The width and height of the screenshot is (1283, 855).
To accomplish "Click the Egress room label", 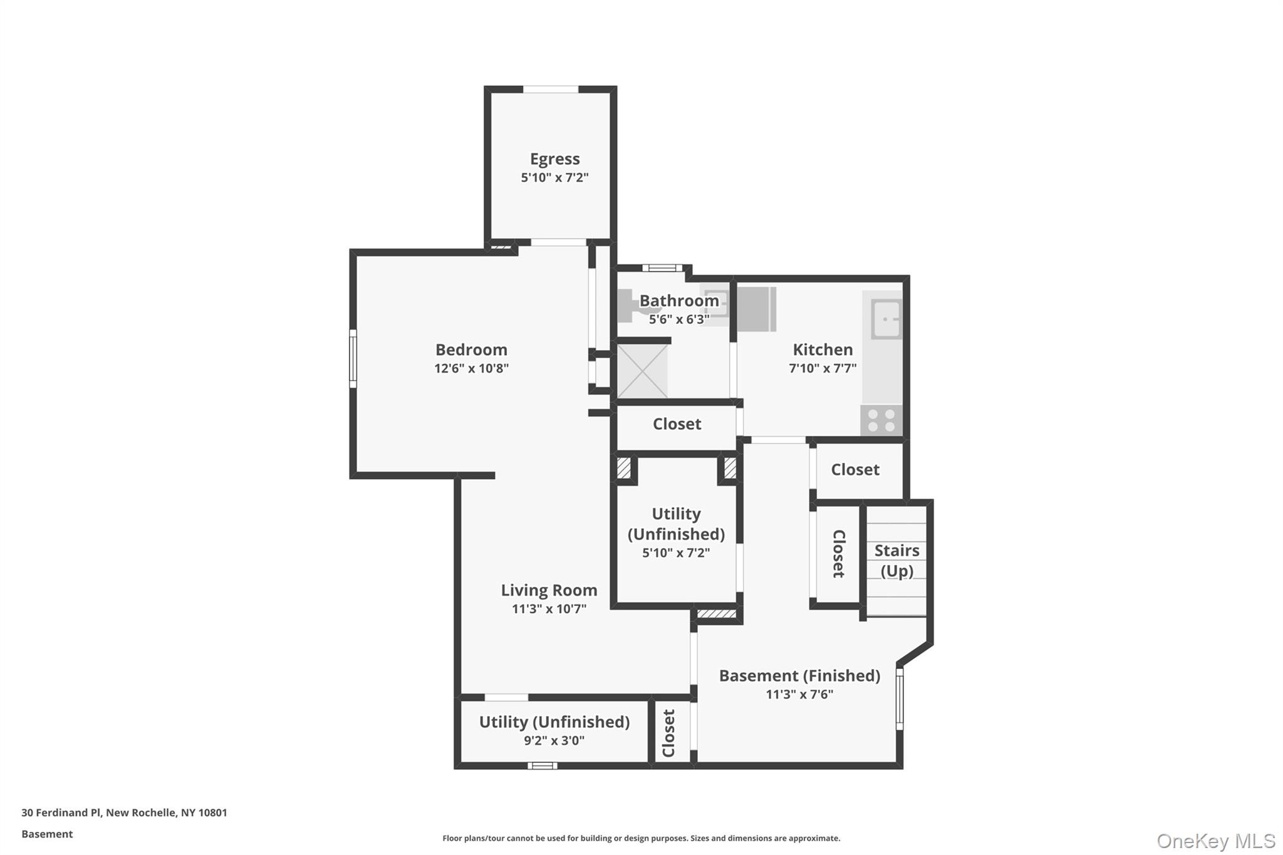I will (554, 159).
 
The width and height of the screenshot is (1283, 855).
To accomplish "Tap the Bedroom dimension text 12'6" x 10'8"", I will (471, 368).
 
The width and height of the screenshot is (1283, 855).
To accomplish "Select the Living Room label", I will (549, 590).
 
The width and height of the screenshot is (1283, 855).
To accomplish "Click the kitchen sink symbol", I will (886, 318).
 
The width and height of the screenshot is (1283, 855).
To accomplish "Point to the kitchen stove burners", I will (881, 420).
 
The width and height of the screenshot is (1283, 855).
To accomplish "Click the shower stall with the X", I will (642, 371).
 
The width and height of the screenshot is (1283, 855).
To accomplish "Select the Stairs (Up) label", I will (896, 560).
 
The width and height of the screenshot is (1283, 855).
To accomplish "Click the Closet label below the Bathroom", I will (677, 424).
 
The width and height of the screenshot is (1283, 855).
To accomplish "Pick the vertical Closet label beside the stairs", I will (838, 553).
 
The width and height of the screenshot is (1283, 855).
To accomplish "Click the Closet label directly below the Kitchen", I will (854, 470).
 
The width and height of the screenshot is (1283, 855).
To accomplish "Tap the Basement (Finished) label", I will (799, 676).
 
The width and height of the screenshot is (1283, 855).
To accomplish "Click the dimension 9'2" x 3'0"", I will (554, 740).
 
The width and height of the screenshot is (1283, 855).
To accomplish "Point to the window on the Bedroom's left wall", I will (353, 359).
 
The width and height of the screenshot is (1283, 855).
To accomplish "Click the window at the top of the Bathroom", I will (662, 268).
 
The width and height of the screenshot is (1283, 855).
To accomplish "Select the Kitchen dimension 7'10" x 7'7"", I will (822, 368).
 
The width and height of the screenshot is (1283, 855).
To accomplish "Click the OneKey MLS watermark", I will (1215, 841).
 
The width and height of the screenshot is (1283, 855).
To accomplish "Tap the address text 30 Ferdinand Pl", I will (61, 813).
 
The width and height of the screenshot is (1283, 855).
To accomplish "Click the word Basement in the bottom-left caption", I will (47, 834).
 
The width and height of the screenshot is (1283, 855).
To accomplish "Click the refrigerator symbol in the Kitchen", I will (756, 309).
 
